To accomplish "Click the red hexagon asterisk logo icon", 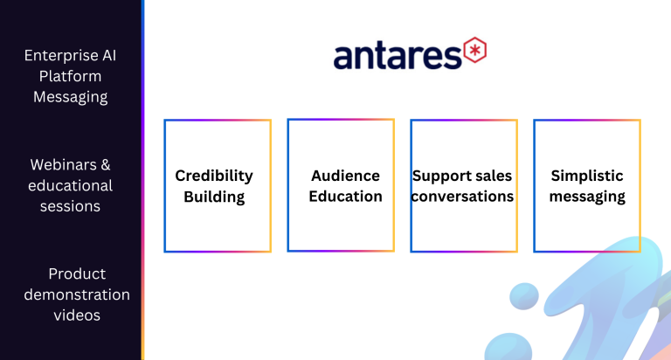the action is pyautogui.click(x=475, y=50).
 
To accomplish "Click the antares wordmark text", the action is pyautogui.click(x=398, y=56).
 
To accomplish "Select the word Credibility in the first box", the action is pyautogui.click(x=214, y=176).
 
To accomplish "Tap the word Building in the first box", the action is pyautogui.click(x=214, y=197).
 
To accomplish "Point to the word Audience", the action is pyautogui.click(x=345, y=176).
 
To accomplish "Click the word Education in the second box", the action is pyautogui.click(x=345, y=196).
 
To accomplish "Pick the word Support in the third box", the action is pyautogui.click(x=440, y=176).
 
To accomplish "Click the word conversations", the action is pyautogui.click(x=462, y=196).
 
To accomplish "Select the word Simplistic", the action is pyautogui.click(x=587, y=176).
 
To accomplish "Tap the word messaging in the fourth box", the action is pyautogui.click(x=587, y=197).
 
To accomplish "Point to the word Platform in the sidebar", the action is pyautogui.click(x=70, y=76).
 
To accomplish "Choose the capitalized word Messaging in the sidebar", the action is pyautogui.click(x=70, y=97).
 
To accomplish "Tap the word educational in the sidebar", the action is pyautogui.click(x=70, y=185).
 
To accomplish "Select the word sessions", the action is pyautogui.click(x=70, y=206).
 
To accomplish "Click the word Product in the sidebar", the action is pyautogui.click(x=77, y=273).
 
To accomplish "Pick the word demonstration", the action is pyautogui.click(x=77, y=294).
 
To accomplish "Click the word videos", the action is pyautogui.click(x=77, y=315).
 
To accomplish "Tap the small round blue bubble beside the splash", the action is pyautogui.click(x=524, y=296).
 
